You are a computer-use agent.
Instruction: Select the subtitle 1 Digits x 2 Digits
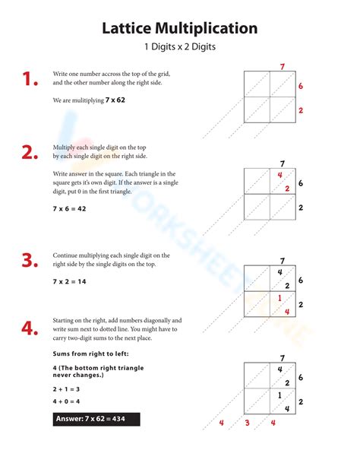tap(180, 47)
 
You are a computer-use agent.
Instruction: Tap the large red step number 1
tap(30, 79)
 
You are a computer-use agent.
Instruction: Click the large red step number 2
tap(30, 152)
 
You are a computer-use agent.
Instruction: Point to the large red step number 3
tap(30, 261)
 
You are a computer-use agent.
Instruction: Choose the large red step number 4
tap(30, 328)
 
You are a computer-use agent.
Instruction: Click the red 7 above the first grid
tap(283, 67)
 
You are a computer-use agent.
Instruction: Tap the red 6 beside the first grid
tap(301, 87)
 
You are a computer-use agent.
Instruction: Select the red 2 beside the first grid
tap(301, 111)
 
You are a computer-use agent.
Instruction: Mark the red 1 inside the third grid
tap(279, 298)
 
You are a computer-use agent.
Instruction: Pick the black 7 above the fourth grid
tap(283, 358)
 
